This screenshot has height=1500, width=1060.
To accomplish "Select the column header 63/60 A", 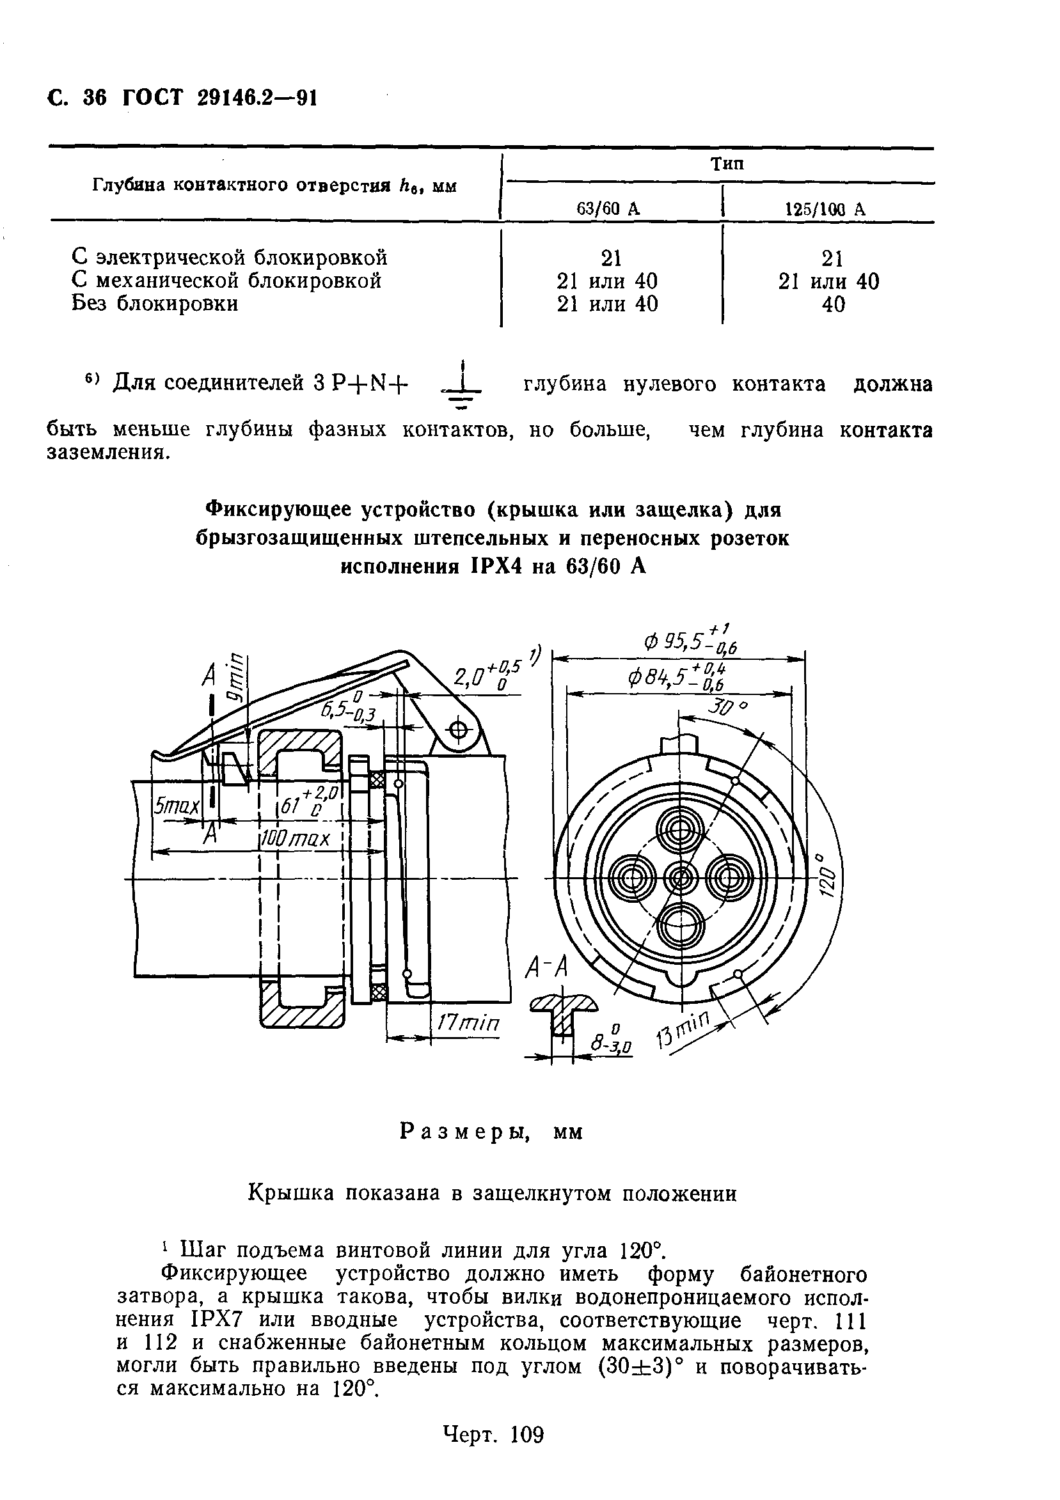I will (x=608, y=208).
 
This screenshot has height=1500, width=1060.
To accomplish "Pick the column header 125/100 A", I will (x=825, y=209).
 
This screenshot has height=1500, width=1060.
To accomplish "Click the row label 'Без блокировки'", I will (x=155, y=304).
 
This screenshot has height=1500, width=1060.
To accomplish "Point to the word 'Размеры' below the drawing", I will (x=465, y=1132).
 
